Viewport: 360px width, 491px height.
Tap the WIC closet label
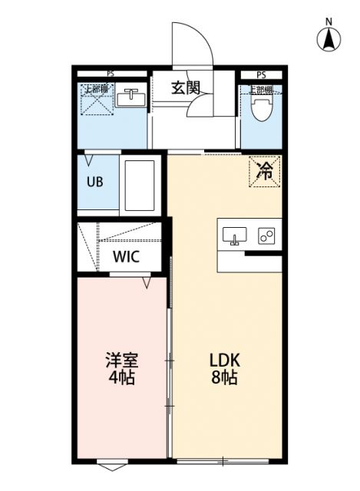pyautogui.click(x=127, y=256)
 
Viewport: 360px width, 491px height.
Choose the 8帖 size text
pyautogui.click(x=226, y=377)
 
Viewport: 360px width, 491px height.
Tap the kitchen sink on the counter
pyautogui.click(x=235, y=236)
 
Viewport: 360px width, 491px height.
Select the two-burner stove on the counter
pyautogui.click(x=267, y=236)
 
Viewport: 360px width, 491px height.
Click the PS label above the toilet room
pyautogui.click(x=261, y=74)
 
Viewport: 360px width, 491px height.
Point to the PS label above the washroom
pyautogui.click(x=112, y=74)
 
